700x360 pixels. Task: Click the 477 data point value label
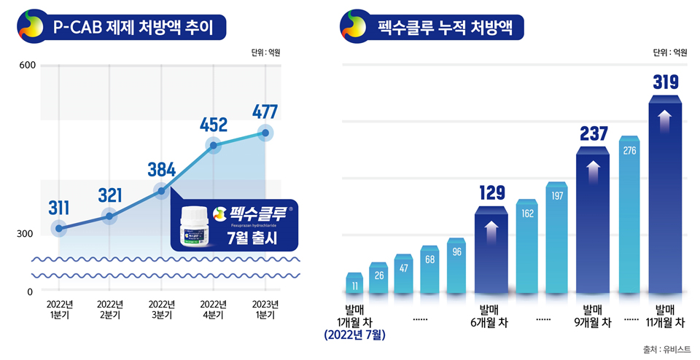click(x=265, y=111)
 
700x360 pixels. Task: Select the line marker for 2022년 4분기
click(x=214, y=146)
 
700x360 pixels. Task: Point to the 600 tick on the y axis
click(x=27, y=66)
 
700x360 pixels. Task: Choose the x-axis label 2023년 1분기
click(x=264, y=310)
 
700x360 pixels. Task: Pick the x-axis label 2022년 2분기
click(x=109, y=310)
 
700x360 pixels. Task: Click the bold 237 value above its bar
click(x=594, y=134)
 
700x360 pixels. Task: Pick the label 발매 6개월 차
click(x=490, y=315)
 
